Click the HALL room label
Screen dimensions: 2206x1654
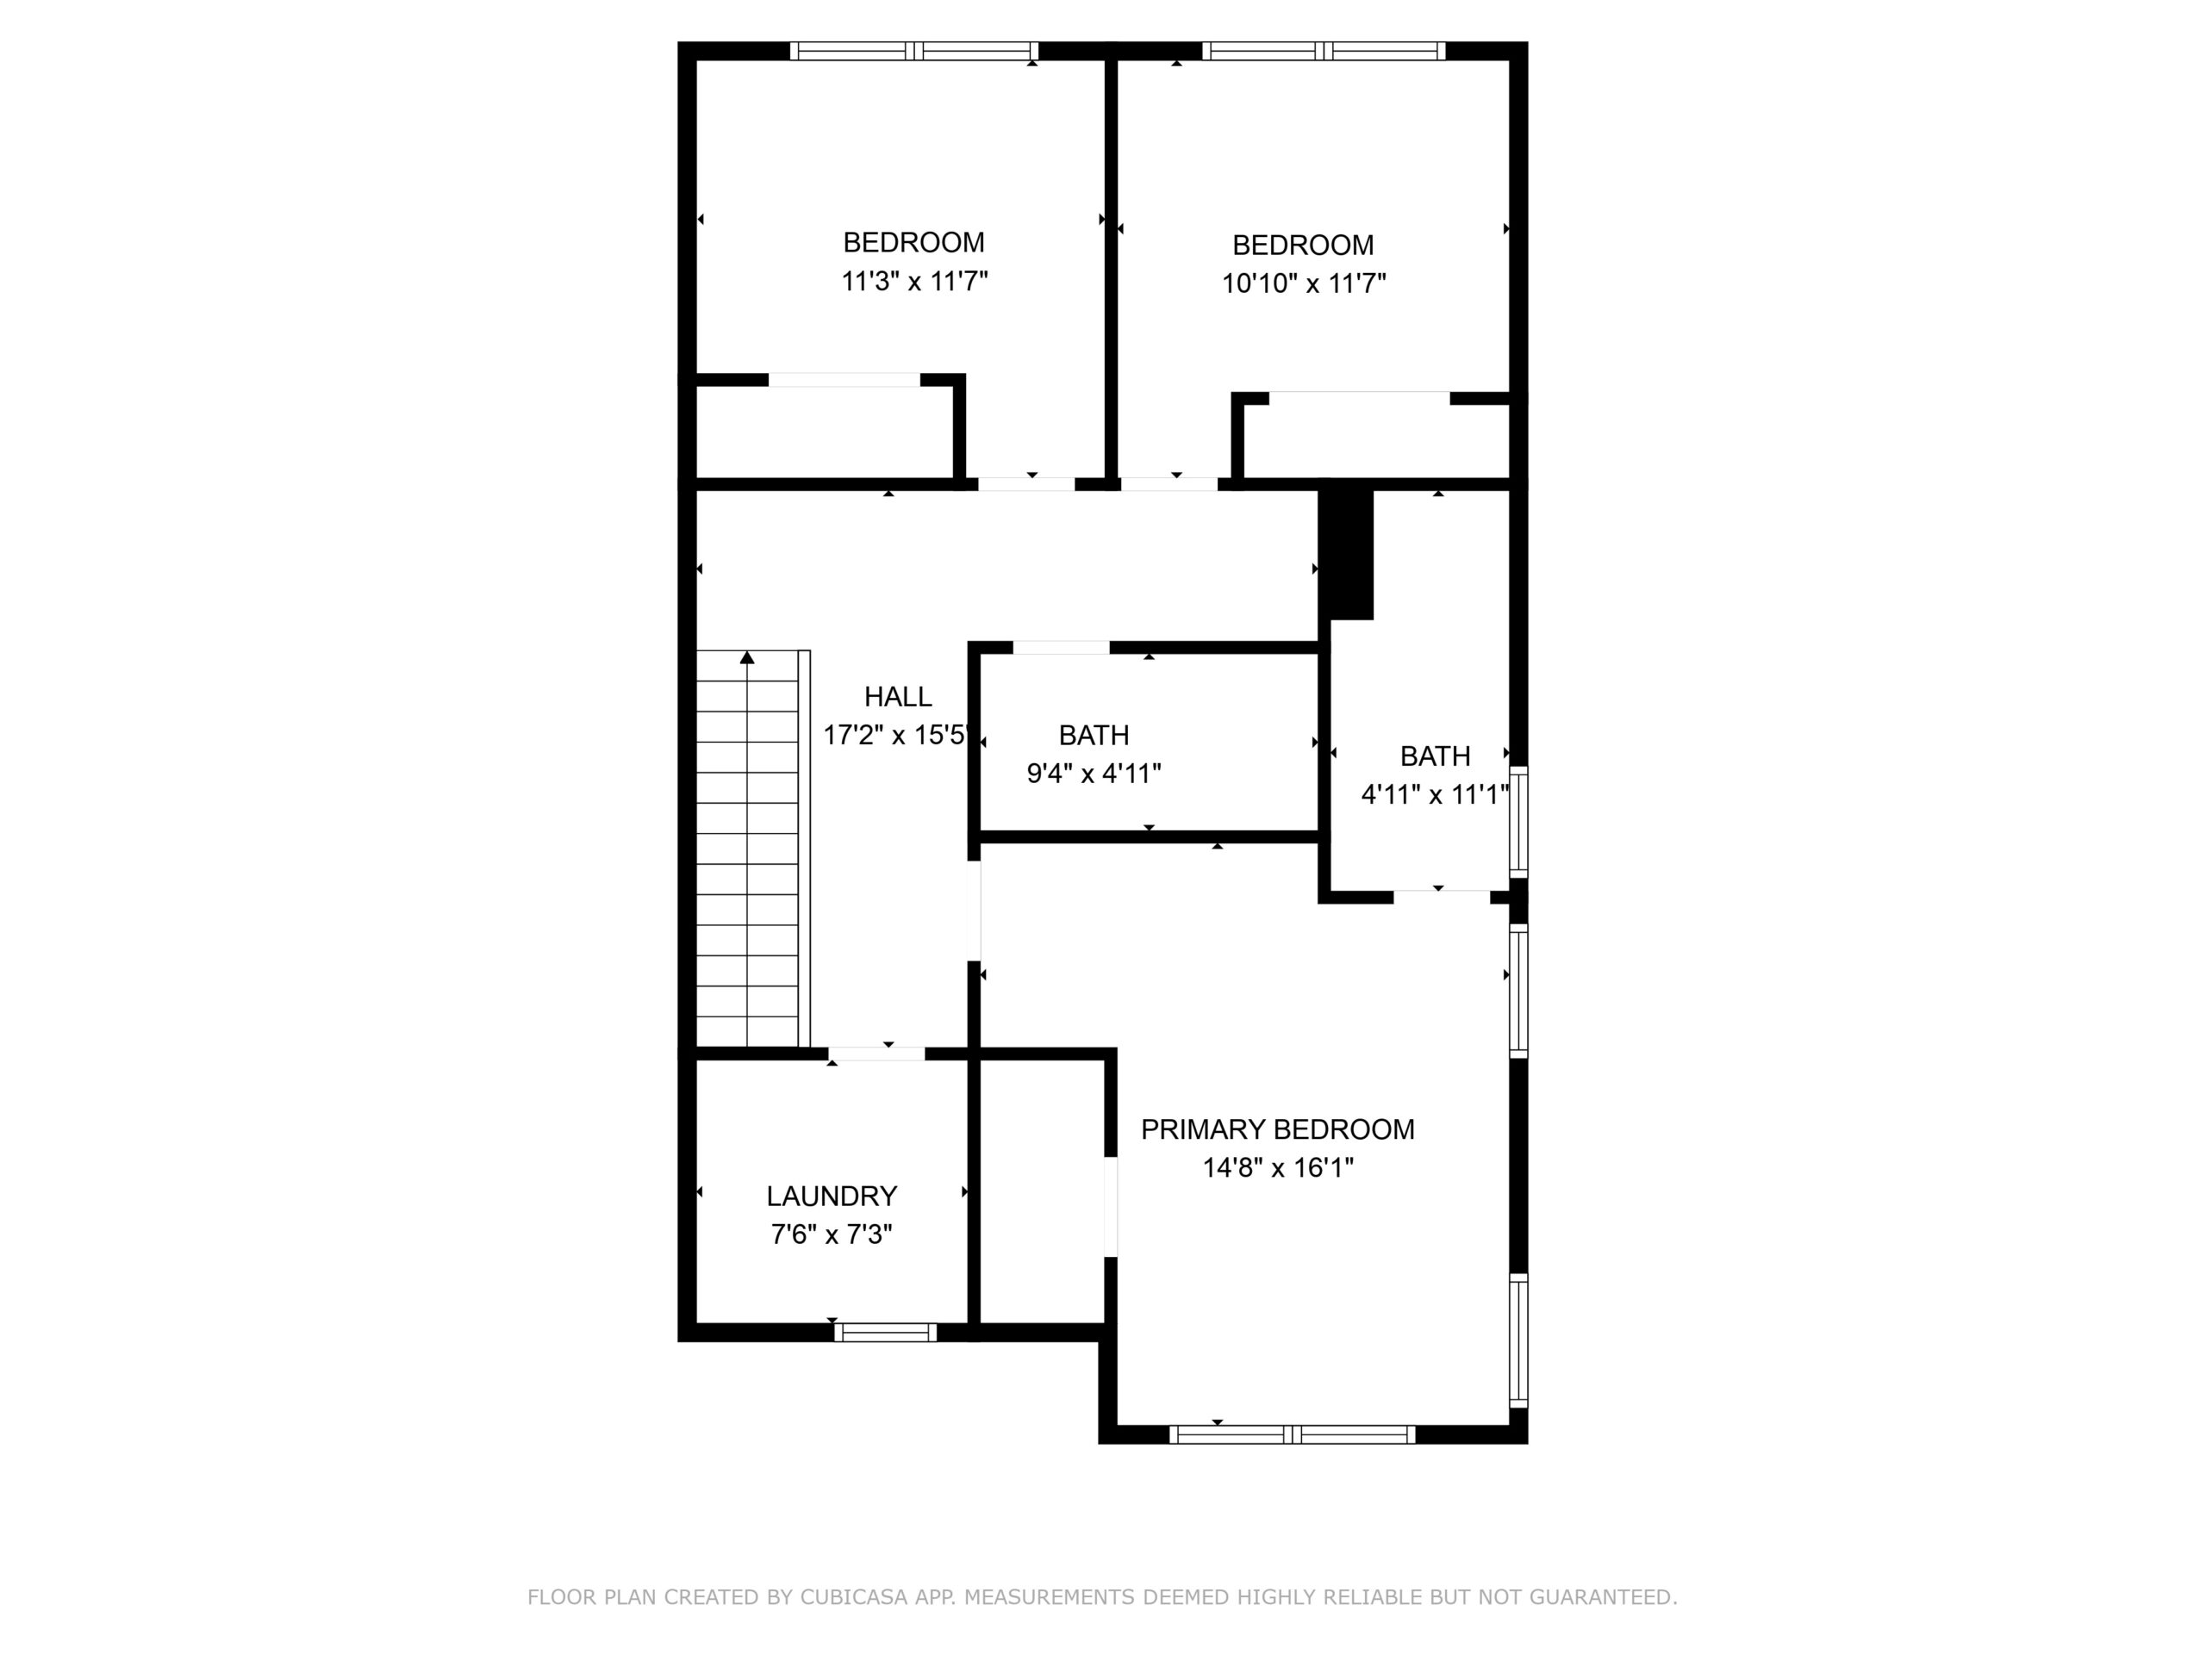898,697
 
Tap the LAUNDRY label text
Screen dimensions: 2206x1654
832,1197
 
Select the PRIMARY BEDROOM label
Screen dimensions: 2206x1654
1278,1129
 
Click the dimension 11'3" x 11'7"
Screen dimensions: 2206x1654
914,281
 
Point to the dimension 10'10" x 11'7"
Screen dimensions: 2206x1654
1304,284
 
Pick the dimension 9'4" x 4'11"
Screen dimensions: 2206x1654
1094,774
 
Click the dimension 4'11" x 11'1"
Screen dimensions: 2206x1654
1435,794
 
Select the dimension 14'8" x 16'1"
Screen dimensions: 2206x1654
1278,1167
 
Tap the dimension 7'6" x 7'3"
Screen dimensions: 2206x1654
832,1234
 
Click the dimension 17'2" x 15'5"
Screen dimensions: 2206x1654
895,736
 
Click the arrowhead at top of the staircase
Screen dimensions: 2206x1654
747,657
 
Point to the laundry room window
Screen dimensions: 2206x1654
886,1332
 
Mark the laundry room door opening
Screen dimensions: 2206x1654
876,1054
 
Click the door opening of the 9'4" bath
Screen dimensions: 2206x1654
1061,647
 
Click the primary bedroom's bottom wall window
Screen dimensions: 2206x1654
1292,1434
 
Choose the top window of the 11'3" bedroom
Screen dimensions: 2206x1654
914,51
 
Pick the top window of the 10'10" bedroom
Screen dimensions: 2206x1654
1324,51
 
